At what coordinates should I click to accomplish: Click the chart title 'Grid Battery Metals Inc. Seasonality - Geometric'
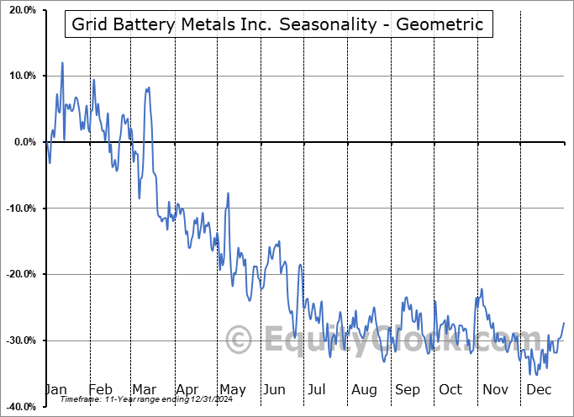[x=277, y=24]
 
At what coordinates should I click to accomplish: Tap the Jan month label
[x=55, y=390]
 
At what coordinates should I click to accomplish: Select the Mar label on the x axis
[x=143, y=390]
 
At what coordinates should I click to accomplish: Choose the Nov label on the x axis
[x=494, y=390]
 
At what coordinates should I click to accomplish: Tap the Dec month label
[x=539, y=390]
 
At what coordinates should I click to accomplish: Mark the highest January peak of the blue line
[x=62, y=62]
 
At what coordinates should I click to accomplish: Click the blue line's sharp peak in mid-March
[x=149, y=87]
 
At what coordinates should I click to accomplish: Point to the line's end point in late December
[x=564, y=323]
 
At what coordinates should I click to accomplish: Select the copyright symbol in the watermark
[x=240, y=340]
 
